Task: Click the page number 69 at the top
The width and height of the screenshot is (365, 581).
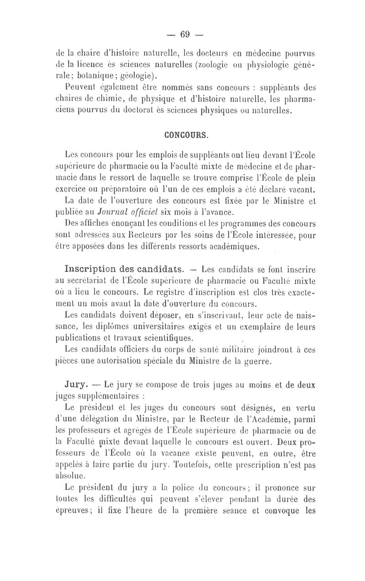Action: pyautogui.click(x=185, y=34)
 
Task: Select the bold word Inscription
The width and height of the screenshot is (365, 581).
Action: pyautogui.click(x=93, y=267)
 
